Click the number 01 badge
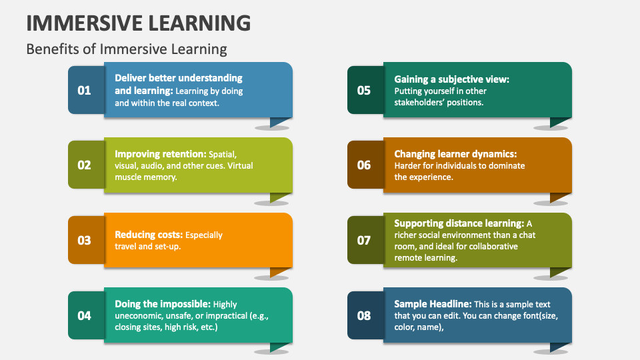coord(85,90)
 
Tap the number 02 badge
coord(85,165)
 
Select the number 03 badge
coord(85,240)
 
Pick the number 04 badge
coord(85,315)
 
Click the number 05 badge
coord(364,90)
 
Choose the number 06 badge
coord(364,165)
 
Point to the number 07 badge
coord(364,240)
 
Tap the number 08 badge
coord(364,315)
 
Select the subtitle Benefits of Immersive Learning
coord(127,49)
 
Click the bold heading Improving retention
coord(161,153)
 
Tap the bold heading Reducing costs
coord(148,235)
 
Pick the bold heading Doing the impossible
coord(162,304)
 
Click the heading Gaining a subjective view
coord(451,79)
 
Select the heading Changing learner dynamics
coord(455,153)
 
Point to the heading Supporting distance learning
coord(459,223)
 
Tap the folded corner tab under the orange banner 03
coord(279,271)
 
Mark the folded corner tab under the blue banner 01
coord(279,121)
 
